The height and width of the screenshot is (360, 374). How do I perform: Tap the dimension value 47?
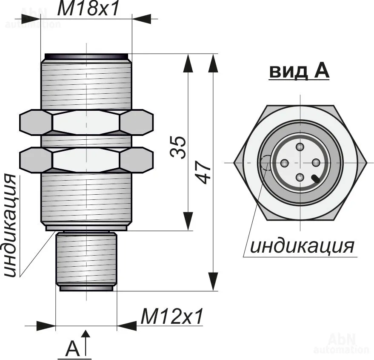point(205,172)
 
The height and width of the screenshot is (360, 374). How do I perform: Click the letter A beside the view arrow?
point(73,349)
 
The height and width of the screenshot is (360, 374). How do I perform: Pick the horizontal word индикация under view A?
point(302,246)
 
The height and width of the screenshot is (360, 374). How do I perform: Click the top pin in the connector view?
point(300,147)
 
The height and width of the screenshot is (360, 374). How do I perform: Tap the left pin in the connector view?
point(285,162)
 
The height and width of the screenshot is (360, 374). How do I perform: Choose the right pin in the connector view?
point(316,162)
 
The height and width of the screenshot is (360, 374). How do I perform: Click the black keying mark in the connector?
point(317,179)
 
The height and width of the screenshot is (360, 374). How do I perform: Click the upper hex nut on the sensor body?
point(86,122)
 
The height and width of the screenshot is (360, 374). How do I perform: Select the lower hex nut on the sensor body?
point(86,160)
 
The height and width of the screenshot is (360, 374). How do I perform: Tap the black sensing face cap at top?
point(86,56)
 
